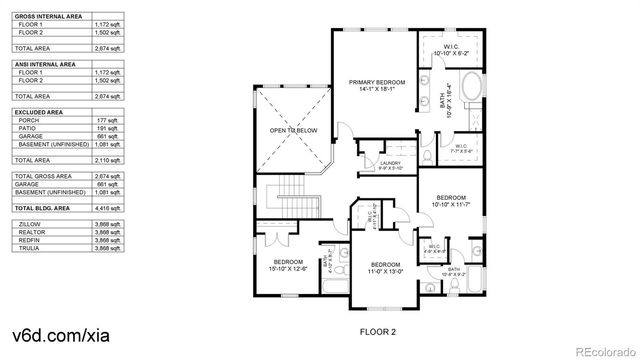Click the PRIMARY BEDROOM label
tap(375, 85)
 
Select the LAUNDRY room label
tap(391, 165)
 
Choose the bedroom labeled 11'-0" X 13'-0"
tap(385, 267)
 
